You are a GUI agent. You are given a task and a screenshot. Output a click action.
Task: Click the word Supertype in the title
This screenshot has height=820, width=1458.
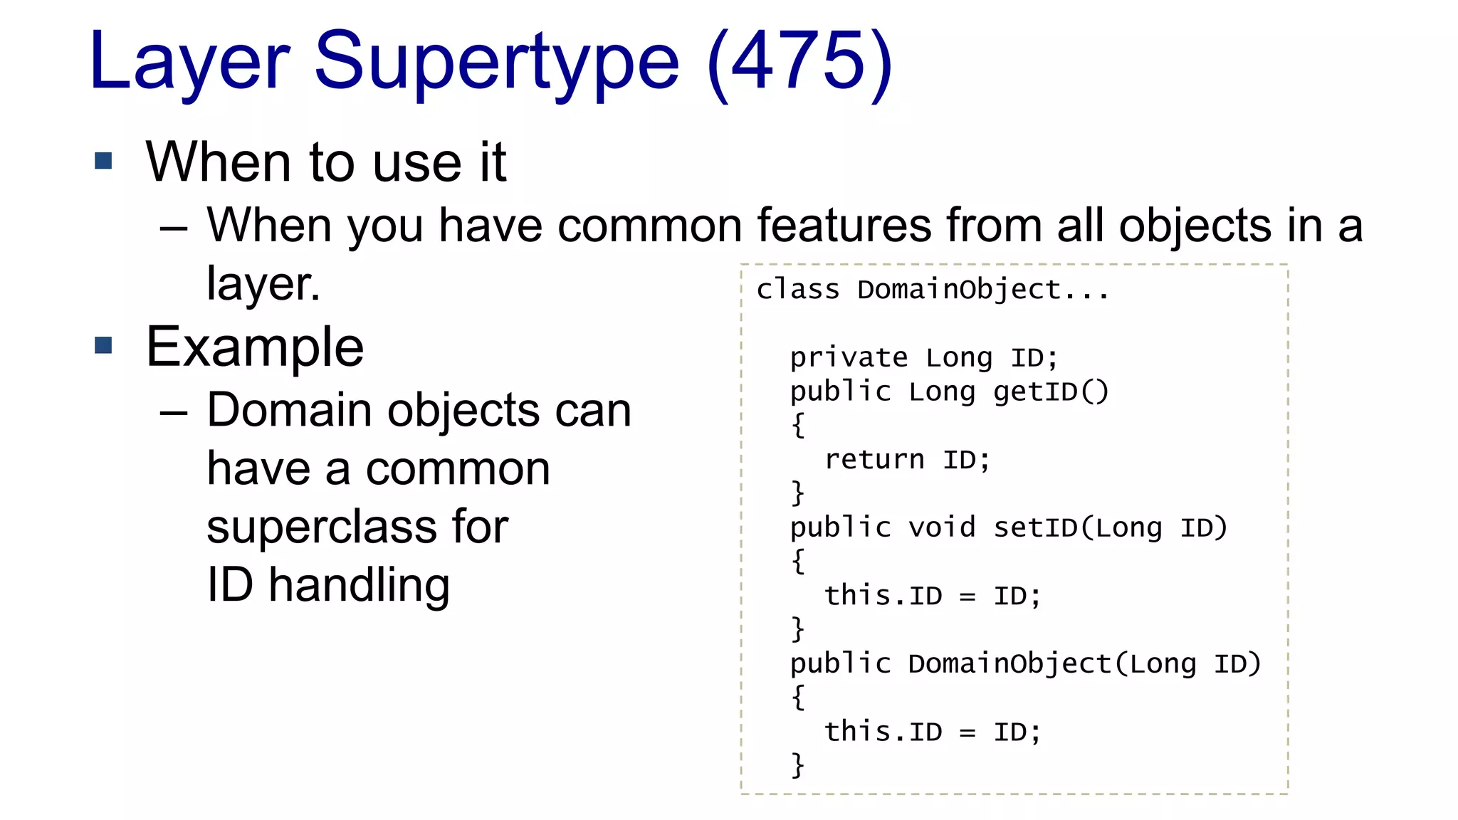tap(496, 64)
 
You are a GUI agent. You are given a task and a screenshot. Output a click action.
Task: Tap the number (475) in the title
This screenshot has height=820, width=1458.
tap(800, 64)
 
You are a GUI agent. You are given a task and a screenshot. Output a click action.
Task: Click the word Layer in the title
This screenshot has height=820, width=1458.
tap(189, 64)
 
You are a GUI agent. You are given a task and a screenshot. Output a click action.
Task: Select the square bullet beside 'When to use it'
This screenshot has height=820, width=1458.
tap(104, 161)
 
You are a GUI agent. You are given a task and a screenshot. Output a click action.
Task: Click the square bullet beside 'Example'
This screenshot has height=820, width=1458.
tap(104, 345)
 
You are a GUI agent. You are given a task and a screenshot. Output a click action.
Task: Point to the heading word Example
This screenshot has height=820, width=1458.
tap(255, 347)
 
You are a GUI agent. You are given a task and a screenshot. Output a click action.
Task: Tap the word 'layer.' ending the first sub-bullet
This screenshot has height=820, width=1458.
tap(263, 284)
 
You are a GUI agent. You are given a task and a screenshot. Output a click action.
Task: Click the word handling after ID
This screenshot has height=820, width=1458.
tap(359, 586)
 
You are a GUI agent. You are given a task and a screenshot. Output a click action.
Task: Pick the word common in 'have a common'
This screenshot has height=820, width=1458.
tap(458, 469)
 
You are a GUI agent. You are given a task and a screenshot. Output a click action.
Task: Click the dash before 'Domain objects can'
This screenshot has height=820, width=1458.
tap(174, 413)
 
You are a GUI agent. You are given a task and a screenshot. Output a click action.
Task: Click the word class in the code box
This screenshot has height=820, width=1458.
tap(797, 290)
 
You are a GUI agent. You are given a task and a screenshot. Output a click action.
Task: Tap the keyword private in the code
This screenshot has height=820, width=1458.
tap(849, 357)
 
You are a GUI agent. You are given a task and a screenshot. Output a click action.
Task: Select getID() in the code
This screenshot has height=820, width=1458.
tap(1051, 391)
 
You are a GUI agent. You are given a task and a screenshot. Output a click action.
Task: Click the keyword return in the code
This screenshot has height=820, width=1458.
tap(874, 459)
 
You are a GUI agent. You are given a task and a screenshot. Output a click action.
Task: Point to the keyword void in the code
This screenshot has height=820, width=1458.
tap(941, 527)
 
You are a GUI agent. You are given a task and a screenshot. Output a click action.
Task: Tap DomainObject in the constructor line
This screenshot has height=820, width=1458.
tap(1009, 663)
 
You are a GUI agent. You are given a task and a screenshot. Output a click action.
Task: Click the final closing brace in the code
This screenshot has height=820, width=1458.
tap(798, 765)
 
